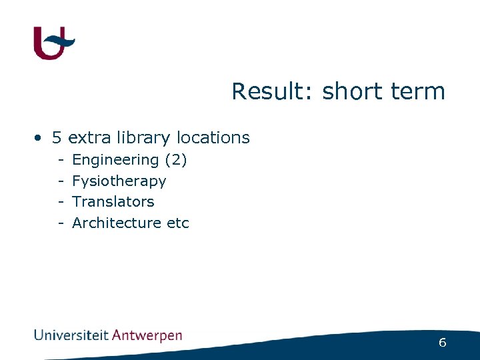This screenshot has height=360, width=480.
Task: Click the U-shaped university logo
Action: click(x=53, y=43)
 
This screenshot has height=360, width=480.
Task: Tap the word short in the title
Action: click(x=351, y=91)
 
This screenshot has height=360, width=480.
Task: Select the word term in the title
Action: click(x=418, y=91)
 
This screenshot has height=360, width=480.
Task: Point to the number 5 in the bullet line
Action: click(x=57, y=138)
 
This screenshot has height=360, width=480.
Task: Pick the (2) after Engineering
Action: click(x=175, y=160)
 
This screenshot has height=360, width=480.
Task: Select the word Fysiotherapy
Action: click(x=119, y=181)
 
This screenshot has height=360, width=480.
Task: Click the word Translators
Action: click(x=113, y=201)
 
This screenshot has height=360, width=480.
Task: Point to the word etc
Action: click(x=178, y=223)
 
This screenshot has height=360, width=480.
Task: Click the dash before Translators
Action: click(x=60, y=202)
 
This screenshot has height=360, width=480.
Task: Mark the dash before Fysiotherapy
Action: click(x=60, y=181)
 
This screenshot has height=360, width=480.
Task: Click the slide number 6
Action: click(x=442, y=343)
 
